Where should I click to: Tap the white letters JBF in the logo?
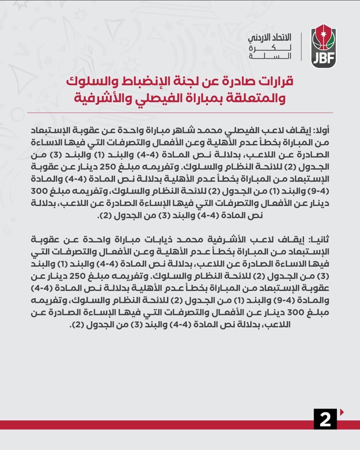click(x=323, y=59)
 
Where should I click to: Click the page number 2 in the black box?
click(x=325, y=419)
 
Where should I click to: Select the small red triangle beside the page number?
click(x=342, y=412)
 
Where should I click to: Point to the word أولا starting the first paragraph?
click(x=321, y=130)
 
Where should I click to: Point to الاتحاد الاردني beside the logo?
click(x=269, y=37)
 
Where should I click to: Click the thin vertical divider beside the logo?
click(x=301, y=46)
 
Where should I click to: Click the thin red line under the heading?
click(x=180, y=113)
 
